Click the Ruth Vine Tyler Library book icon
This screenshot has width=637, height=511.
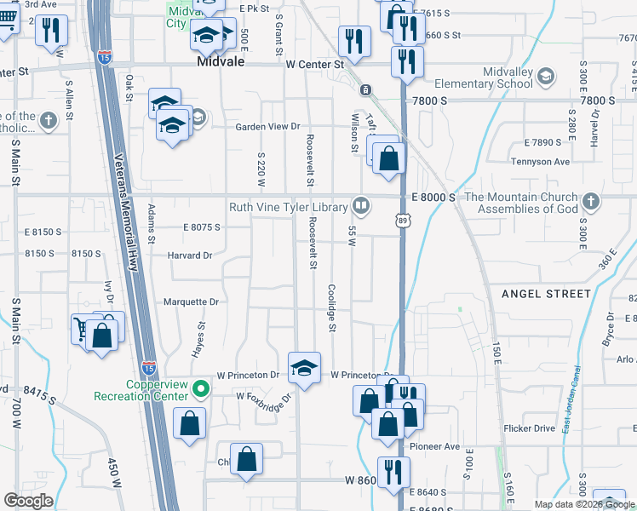(x=361, y=205)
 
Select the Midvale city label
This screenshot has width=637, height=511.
(x=221, y=62)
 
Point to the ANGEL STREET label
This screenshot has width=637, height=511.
(x=546, y=294)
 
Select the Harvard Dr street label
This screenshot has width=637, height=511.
(x=189, y=255)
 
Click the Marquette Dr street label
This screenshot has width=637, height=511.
(x=191, y=301)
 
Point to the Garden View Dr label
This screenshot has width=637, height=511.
(x=269, y=127)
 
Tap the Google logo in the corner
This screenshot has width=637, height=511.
(x=28, y=501)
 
